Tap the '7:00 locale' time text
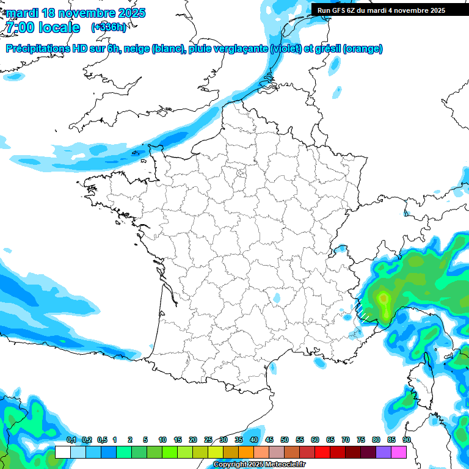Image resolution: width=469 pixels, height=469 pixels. pyautogui.click(x=43, y=27)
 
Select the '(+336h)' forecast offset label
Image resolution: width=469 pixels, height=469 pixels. pyautogui.click(x=109, y=27)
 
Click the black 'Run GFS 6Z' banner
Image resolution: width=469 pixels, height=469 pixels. pyautogui.click(x=381, y=10)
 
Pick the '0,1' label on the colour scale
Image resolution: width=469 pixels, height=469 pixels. pyautogui.click(x=71, y=440)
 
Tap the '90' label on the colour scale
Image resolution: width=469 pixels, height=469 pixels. pyautogui.click(x=407, y=440)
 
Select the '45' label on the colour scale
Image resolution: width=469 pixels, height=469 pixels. pyautogui.click(x=269, y=440)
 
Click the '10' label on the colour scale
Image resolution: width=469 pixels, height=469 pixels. pyautogui.click(x=162, y=440)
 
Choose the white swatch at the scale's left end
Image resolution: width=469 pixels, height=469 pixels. pyautogui.click(x=62, y=452)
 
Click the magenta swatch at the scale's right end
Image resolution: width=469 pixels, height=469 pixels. pyautogui.click(x=399, y=452)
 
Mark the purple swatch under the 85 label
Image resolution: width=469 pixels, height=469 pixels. pyautogui.click(x=384, y=452)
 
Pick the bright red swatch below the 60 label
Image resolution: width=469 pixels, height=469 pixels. pyautogui.click(x=322, y=452)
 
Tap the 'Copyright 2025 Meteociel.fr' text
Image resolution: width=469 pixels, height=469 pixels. pyautogui.click(x=259, y=465)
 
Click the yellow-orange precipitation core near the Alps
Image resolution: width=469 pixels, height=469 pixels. pyautogui.click(x=384, y=299)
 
